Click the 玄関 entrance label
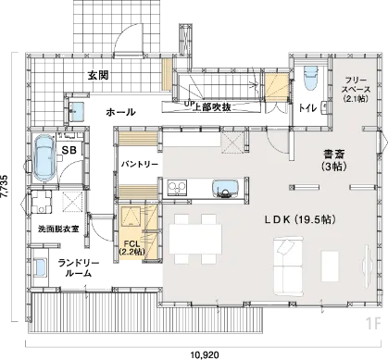click(98, 75)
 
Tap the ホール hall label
click(120, 112)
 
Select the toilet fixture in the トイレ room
click(311, 79)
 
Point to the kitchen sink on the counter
click(226, 189)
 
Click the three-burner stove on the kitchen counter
click(177, 188)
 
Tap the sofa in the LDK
click(288, 266)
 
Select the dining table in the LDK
click(195, 239)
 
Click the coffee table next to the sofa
click(330, 266)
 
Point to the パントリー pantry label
click(139, 165)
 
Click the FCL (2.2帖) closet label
click(131, 248)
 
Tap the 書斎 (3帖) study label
click(333, 160)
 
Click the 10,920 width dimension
click(205, 355)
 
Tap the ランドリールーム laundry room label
click(79, 268)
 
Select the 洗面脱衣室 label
click(58, 230)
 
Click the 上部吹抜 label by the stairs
click(212, 107)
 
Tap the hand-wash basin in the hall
click(76, 112)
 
